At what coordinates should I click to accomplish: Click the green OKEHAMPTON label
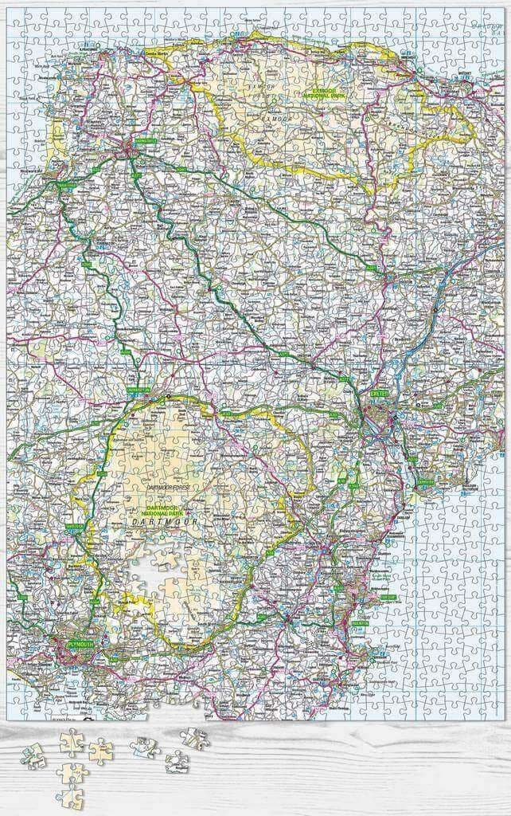[x=137, y=390]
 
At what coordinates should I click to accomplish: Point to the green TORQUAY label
[x=387, y=597]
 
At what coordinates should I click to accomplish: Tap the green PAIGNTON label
[x=362, y=625]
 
